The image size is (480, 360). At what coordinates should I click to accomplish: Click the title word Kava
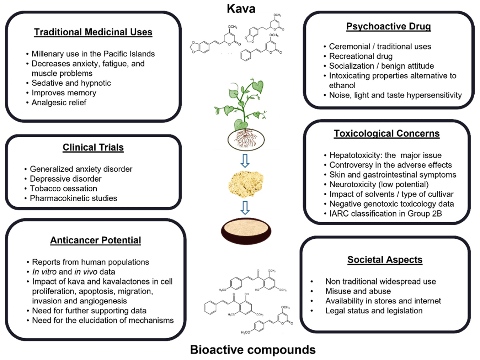click(241, 9)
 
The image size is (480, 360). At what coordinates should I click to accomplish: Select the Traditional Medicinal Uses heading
click(93, 32)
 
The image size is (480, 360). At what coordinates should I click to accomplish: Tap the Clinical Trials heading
click(93, 147)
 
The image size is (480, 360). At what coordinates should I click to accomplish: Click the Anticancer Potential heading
click(95, 240)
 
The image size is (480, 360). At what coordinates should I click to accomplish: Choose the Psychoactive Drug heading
click(388, 26)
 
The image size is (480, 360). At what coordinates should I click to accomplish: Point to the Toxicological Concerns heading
click(386, 133)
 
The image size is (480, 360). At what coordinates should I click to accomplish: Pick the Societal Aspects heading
click(385, 260)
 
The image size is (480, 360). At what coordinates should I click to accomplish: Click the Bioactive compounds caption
click(253, 350)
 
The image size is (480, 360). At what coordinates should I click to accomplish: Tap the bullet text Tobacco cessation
click(63, 189)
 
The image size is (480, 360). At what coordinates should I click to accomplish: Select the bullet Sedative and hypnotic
click(71, 83)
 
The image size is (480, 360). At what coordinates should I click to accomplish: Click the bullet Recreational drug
click(361, 56)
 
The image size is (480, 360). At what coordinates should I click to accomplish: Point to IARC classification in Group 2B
click(385, 214)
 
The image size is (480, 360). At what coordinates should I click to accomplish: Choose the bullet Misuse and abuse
click(358, 291)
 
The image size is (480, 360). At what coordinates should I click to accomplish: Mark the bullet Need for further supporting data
click(89, 311)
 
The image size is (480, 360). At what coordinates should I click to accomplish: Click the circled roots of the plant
click(246, 139)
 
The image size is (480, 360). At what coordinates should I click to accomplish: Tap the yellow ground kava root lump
click(246, 184)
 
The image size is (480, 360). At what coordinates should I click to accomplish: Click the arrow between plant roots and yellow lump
click(245, 161)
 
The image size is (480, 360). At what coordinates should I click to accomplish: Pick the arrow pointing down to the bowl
click(245, 208)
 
